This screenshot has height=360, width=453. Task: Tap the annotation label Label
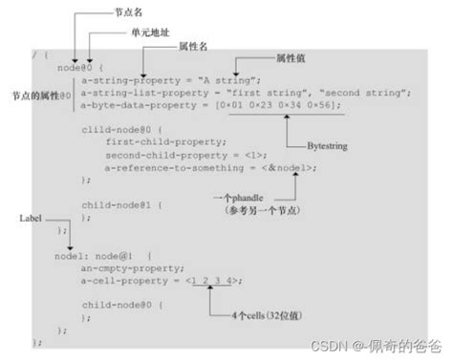(32, 218)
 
